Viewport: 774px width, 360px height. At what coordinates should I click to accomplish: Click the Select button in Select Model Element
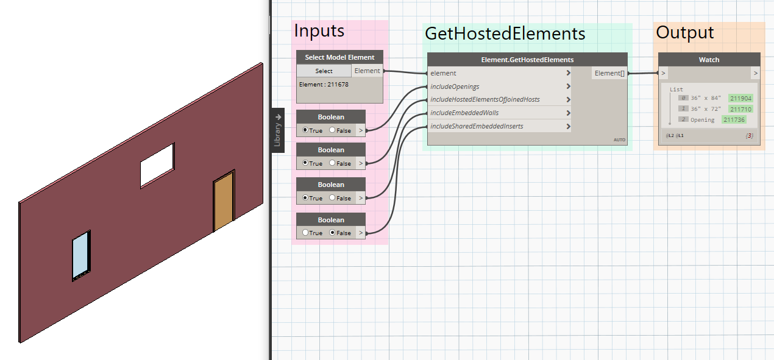pyautogui.click(x=324, y=71)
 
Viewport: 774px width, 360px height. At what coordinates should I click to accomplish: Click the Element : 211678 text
pyautogui.click(x=324, y=85)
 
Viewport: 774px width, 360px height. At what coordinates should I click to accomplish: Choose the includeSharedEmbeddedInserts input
pyautogui.click(x=477, y=126)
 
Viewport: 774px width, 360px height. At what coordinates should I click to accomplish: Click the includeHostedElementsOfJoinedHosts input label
pyautogui.click(x=485, y=99)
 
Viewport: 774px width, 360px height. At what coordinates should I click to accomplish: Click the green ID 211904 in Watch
pyautogui.click(x=740, y=98)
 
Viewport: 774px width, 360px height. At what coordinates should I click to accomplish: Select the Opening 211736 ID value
pyautogui.click(x=734, y=120)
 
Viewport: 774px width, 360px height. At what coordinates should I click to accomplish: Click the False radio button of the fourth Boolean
pyautogui.click(x=332, y=233)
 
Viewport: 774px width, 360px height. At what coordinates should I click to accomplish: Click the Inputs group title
pyautogui.click(x=319, y=30)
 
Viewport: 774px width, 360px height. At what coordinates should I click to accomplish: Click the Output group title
pyautogui.click(x=684, y=33)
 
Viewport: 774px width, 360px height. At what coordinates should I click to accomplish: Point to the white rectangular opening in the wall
pyautogui.click(x=157, y=165)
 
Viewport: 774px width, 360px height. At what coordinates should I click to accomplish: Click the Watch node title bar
pyautogui.click(x=709, y=60)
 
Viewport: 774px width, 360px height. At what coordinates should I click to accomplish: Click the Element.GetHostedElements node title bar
pyautogui.click(x=527, y=60)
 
